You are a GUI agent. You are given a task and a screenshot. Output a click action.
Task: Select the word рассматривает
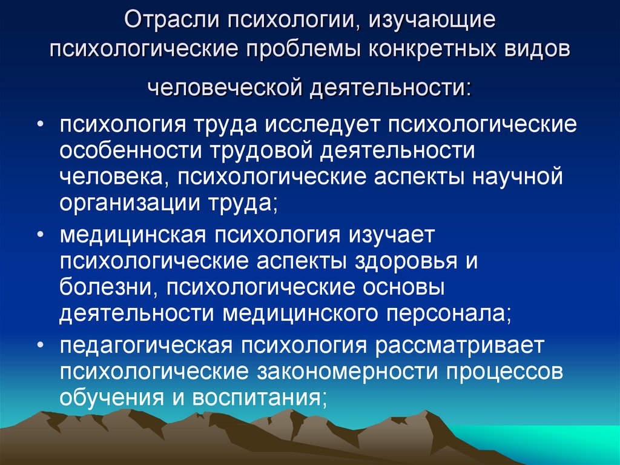tap(460, 346)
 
